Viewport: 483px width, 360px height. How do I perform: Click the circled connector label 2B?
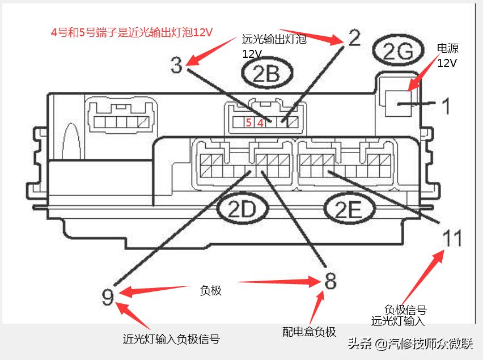point(267,73)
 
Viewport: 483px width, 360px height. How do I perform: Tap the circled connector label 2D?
point(243,209)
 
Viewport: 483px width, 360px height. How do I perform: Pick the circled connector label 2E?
point(349,209)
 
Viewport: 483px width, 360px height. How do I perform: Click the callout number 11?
point(452,238)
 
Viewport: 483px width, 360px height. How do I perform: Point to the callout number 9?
point(108,297)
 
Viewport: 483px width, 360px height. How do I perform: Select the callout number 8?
point(330,281)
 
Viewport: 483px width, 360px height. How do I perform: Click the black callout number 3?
point(176,65)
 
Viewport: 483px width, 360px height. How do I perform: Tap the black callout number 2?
point(354,38)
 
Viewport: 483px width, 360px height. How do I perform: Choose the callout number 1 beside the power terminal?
point(446,105)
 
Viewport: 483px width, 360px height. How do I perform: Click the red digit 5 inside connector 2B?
point(248,122)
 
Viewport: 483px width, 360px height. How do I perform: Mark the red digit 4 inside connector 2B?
point(261,123)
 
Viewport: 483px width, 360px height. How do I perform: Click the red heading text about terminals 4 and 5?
point(132,32)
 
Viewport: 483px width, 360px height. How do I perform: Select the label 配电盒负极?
point(309,332)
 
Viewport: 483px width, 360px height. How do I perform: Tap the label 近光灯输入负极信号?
point(171,339)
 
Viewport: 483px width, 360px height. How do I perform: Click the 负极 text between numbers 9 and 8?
point(211,290)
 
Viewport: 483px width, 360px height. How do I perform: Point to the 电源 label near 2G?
point(448,48)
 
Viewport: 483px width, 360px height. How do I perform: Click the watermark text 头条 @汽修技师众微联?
point(410,344)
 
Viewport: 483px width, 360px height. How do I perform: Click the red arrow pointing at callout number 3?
point(211,51)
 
